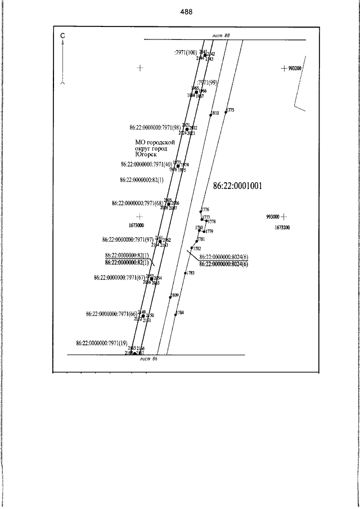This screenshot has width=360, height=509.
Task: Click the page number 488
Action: (x=187, y=12)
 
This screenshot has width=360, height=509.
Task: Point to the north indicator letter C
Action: (x=63, y=35)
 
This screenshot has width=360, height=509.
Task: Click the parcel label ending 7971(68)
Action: (x=138, y=203)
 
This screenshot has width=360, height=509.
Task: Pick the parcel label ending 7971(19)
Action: (x=102, y=343)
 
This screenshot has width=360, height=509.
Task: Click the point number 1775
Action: (x=230, y=110)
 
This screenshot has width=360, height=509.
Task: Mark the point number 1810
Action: (x=215, y=114)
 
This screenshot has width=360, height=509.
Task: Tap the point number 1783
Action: (x=191, y=273)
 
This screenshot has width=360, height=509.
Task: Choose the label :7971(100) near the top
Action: (x=186, y=53)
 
